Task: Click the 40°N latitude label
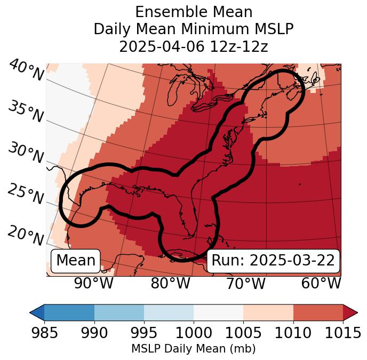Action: (25, 71)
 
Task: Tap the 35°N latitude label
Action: (25, 112)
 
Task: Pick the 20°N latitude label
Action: (25, 236)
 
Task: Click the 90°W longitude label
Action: (94, 284)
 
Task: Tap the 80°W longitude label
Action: (171, 284)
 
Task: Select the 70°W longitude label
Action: (245, 284)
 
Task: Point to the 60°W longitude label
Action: (321, 284)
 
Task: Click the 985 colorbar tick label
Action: (44, 333)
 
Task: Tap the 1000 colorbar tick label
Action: (193, 333)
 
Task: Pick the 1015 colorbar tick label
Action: (342, 333)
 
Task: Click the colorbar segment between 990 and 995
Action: (119, 312)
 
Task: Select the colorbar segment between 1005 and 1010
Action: (268, 312)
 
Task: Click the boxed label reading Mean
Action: (76, 261)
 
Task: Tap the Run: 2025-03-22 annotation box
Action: (273, 261)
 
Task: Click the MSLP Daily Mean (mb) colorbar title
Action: (193, 349)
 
